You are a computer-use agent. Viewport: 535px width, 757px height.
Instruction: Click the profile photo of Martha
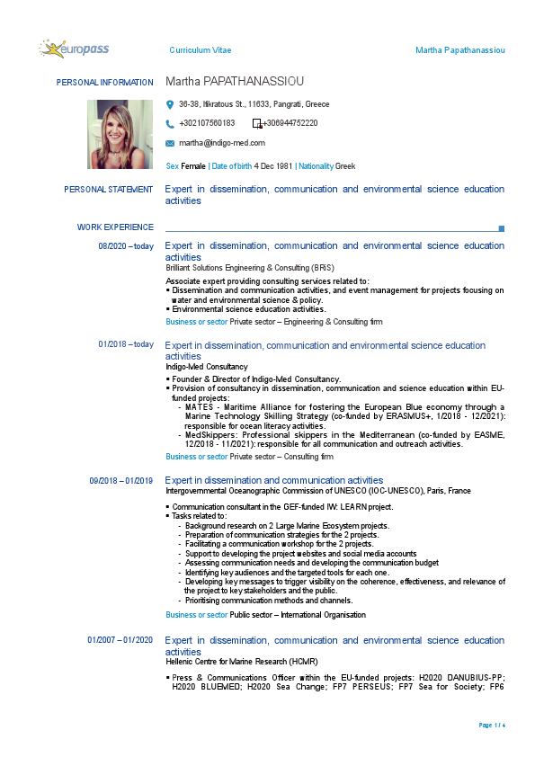coord(120,129)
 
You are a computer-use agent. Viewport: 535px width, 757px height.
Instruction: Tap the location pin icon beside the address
coord(170,104)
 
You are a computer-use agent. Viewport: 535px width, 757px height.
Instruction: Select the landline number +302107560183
coord(207,123)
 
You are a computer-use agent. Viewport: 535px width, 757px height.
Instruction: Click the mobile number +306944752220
coord(290,123)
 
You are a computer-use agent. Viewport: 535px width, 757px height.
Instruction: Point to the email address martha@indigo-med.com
coord(222,143)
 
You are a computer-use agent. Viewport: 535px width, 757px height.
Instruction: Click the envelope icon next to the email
coord(170,143)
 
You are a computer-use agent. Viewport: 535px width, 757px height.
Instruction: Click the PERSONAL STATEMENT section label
coord(109,190)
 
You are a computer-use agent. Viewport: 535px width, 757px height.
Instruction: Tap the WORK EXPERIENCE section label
coord(115,227)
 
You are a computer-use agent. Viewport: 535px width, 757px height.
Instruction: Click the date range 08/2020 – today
coord(126,245)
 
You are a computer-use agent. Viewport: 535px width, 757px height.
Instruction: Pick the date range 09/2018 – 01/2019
coord(121,481)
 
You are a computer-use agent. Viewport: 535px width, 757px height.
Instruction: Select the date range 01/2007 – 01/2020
coord(120,640)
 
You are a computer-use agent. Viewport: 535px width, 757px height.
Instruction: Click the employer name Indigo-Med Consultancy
coord(207,367)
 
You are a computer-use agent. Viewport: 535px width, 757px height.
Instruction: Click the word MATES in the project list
coord(199,407)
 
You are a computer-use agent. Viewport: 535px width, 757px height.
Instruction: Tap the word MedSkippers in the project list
coord(208,434)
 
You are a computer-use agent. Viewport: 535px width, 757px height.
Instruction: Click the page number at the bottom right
coord(492,725)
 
